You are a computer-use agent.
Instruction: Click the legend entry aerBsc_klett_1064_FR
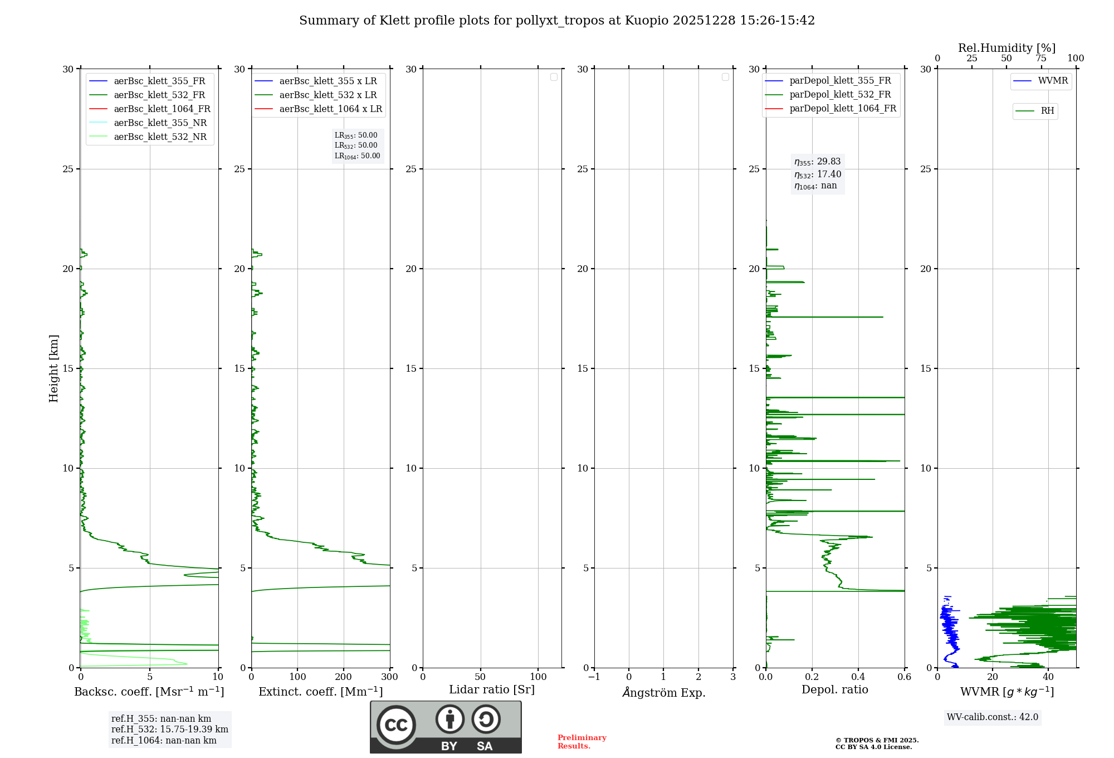(x=162, y=109)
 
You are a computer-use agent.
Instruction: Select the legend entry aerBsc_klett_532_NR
(x=160, y=137)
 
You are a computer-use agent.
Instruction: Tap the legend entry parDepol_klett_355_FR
(x=840, y=81)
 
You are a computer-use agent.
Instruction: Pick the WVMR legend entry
(x=1053, y=81)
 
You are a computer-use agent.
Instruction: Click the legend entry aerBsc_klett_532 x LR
(x=328, y=95)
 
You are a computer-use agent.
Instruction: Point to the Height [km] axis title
(x=53, y=368)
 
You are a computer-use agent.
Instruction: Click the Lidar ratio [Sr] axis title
(x=492, y=690)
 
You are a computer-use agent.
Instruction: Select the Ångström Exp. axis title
(x=664, y=693)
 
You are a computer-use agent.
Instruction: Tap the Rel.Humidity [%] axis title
(x=1006, y=48)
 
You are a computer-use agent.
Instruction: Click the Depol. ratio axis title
(x=834, y=690)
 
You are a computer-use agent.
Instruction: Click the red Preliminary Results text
(x=582, y=742)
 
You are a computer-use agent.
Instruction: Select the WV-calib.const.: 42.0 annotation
(x=993, y=717)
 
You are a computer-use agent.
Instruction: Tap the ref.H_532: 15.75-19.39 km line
(x=169, y=730)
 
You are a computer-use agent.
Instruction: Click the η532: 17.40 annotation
(x=818, y=174)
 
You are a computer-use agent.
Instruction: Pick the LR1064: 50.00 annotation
(x=358, y=156)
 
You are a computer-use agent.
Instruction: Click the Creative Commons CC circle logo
(x=396, y=725)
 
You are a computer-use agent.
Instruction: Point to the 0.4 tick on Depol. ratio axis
(x=858, y=677)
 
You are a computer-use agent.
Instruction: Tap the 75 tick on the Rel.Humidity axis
(x=1040, y=59)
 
